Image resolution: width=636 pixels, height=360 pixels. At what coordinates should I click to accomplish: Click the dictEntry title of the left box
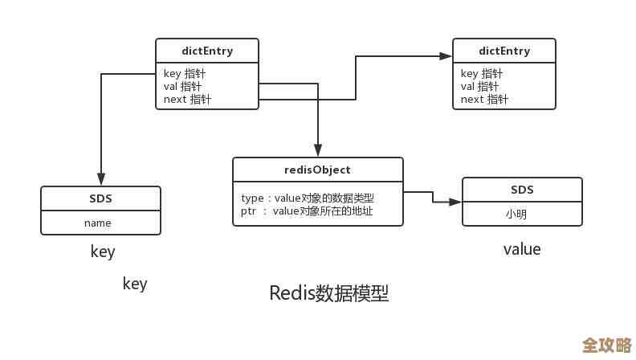pos(207,51)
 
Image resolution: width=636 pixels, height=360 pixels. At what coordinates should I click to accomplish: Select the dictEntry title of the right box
pos(503,51)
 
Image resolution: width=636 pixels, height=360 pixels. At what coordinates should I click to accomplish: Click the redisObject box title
pos(318,170)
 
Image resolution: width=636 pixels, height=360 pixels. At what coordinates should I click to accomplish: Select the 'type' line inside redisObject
pos(308,198)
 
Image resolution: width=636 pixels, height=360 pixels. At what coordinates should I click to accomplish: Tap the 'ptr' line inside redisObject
pos(307,211)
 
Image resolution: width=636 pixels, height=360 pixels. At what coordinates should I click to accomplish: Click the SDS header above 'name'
pos(100,198)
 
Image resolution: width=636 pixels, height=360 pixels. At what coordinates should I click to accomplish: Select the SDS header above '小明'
pos(522,190)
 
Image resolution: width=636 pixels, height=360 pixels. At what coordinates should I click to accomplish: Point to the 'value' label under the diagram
pos(522,249)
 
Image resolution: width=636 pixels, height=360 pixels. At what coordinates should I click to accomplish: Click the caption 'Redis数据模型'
pos(328,292)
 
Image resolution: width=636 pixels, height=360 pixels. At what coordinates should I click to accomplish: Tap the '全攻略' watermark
pos(606,346)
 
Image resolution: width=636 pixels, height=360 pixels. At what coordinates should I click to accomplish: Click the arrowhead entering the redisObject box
pos(318,151)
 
